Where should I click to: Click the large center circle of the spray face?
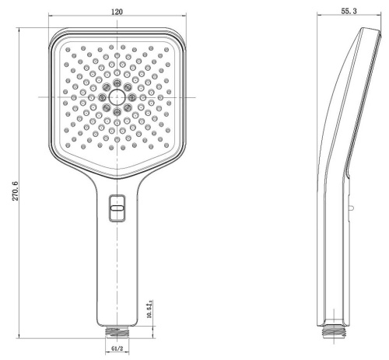pos(117,96)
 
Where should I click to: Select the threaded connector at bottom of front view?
pos(117,330)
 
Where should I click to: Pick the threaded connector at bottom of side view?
pos(334,330)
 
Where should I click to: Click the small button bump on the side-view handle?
pos(352,208)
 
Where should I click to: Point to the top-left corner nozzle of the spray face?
pos(68,49)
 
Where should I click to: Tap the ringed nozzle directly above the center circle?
pos(117,82)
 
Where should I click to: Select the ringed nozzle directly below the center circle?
pos(117,111)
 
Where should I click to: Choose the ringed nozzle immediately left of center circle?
pos(102,96)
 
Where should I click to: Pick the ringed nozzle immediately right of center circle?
pos(131,96)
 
